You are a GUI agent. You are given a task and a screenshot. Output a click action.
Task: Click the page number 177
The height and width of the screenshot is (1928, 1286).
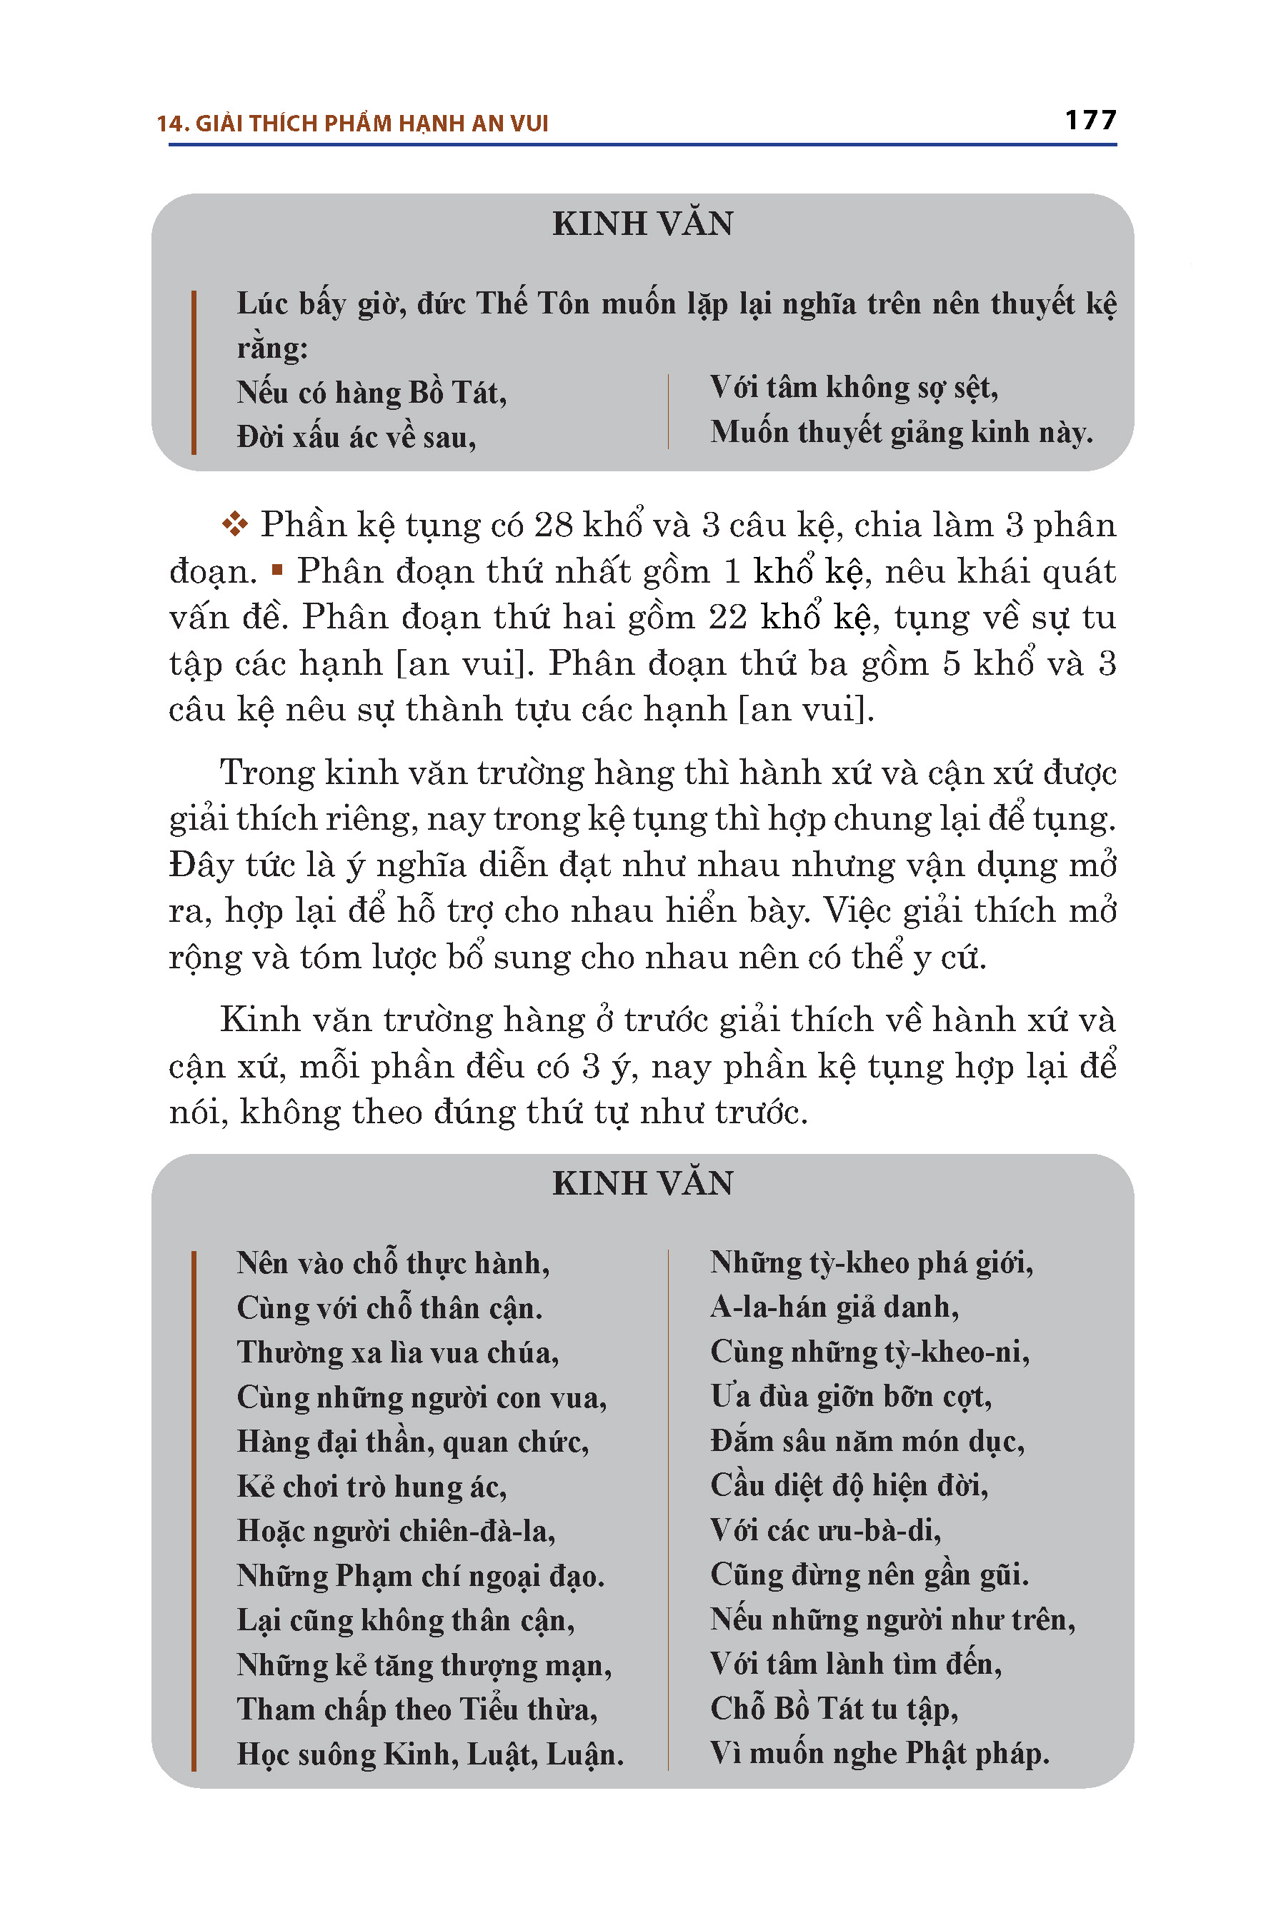click(x=1090, y=121)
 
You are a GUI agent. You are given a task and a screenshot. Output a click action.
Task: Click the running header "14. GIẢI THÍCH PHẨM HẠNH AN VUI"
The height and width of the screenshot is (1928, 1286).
click(x=353, y=124)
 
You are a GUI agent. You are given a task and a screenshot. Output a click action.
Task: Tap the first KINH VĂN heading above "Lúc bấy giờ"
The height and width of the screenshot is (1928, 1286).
click(x=642, y=224)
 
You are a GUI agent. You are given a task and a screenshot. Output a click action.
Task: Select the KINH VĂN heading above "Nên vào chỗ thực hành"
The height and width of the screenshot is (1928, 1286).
click(x=642, y=1183)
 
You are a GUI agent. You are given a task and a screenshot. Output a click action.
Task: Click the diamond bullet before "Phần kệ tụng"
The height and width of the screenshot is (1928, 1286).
click(x=234, y=524)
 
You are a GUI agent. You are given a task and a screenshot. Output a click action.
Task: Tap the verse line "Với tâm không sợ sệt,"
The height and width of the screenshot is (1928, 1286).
click(x=854, y=388)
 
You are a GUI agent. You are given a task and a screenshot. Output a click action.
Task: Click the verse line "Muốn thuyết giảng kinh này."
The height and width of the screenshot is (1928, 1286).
click(x=902, y=432)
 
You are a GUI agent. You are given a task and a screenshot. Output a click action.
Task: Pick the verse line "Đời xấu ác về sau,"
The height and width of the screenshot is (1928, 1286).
click(x=356, y=437)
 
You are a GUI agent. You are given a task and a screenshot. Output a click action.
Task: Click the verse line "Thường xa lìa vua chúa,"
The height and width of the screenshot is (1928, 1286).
click(x=398, y=1352)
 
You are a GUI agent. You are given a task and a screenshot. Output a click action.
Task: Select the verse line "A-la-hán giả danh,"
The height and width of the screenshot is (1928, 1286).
click(x=834, y=1307)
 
